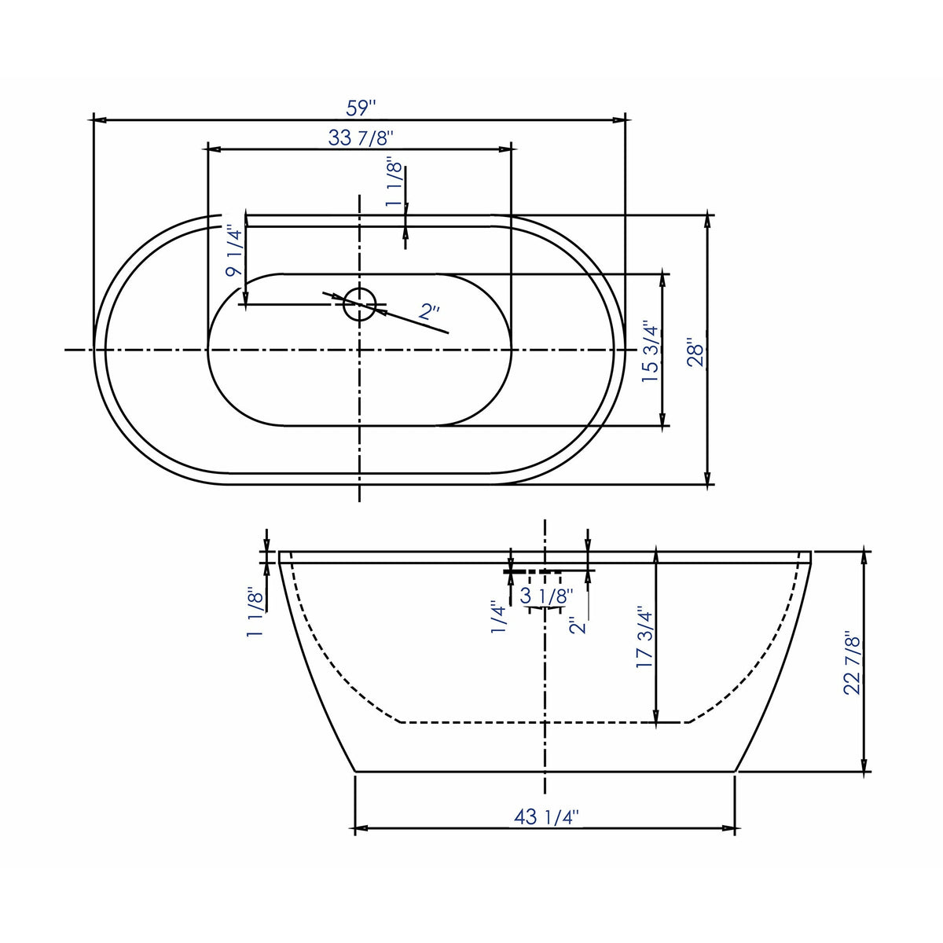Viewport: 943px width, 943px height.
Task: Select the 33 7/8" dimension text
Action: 360,138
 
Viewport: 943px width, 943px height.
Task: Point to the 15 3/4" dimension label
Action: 650,351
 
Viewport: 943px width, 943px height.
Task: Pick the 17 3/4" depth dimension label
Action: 644,637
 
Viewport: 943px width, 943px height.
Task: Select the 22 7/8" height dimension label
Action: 852,662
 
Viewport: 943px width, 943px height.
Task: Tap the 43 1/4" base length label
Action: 546,817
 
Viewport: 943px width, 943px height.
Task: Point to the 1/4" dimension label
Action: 499,618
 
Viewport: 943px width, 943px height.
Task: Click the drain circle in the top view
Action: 360,304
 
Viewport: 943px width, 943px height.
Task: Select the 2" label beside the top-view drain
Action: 430,312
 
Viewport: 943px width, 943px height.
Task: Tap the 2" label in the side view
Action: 579,626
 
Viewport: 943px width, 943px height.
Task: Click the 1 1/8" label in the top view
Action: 394,184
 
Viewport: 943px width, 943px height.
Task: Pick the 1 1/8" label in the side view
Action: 255,613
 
